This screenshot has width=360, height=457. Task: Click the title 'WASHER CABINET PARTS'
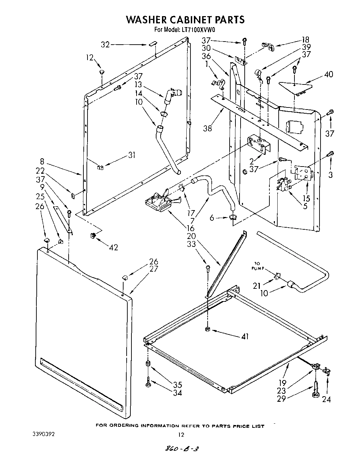pos(185,20)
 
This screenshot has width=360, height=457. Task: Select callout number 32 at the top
pos(105,45)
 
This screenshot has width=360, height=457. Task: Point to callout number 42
pos(113,247)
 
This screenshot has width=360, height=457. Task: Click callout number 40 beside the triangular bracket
pos(328,74)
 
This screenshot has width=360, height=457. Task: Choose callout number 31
pos(131,155)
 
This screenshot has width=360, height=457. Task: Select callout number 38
pos(207,128)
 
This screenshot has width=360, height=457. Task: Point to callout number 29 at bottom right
pos(281,399)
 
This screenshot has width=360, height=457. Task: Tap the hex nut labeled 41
pos(207,330)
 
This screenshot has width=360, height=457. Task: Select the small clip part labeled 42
pos(92,235)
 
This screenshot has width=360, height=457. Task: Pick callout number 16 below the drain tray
pos(190,228)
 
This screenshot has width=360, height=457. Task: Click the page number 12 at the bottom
pos(181,434)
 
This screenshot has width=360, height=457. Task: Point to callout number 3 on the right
pos(330,175)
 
